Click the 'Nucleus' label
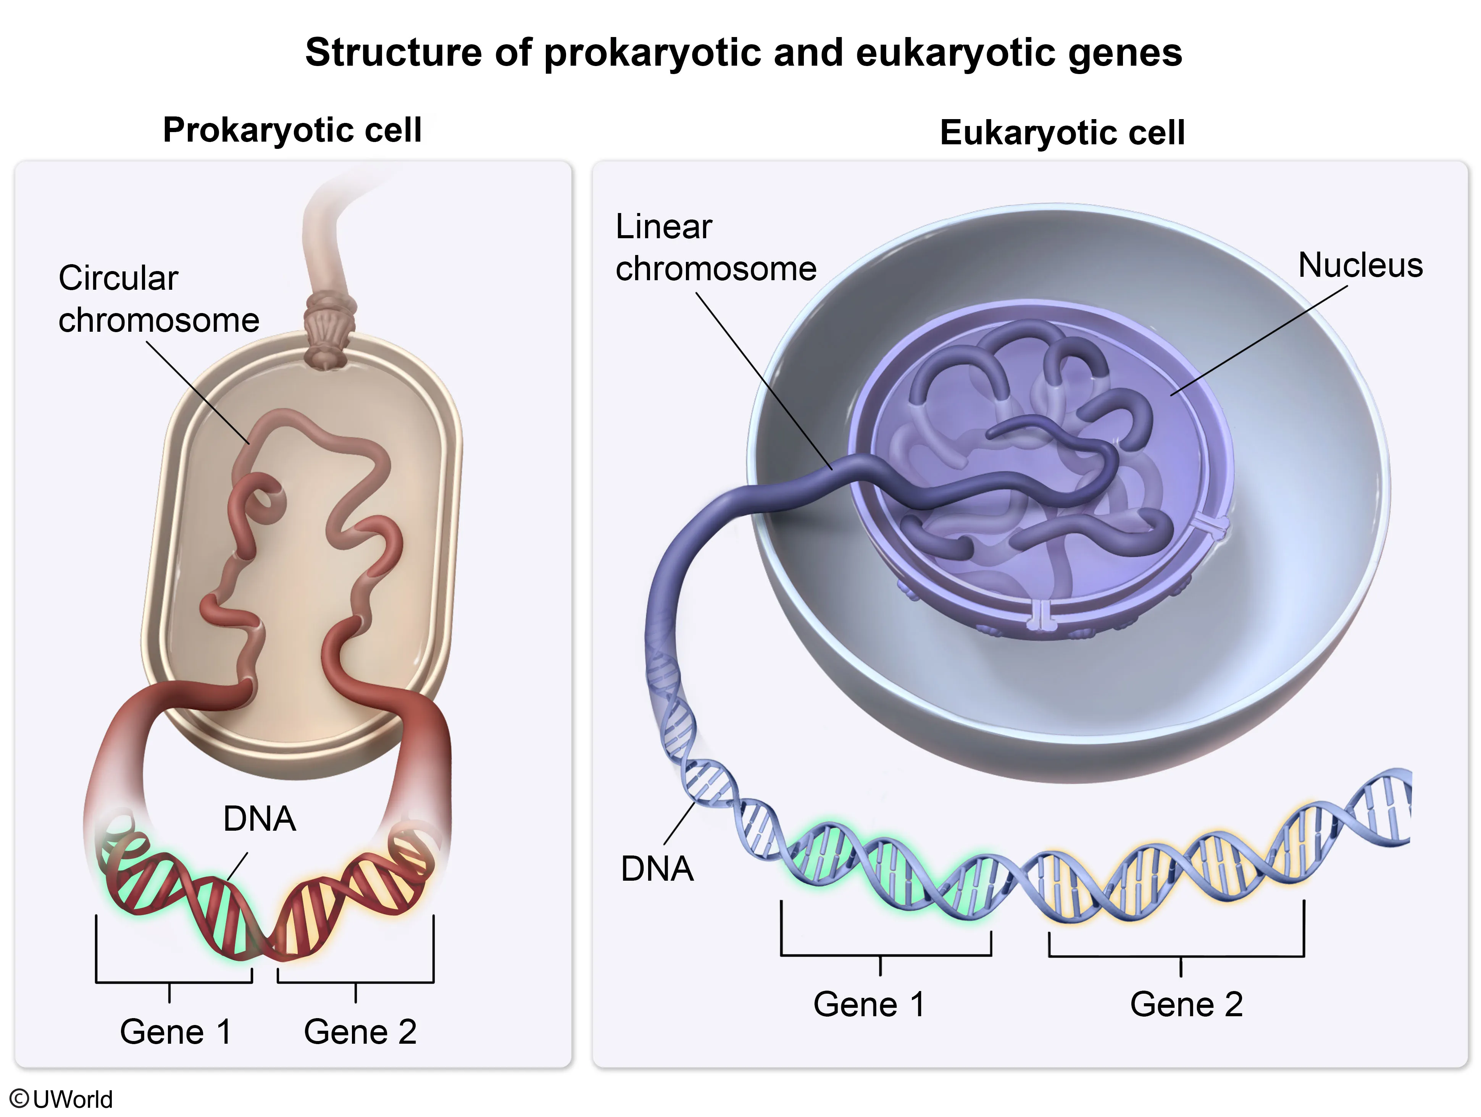coord(1360,265)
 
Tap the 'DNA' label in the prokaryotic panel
coord(259,819)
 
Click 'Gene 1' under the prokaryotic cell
coord(176,1031)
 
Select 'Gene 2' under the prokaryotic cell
coord(360,1031)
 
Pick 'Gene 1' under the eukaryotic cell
coord(869,1004)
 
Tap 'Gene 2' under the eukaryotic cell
coord(1186,1004)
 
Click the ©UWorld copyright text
coord(61,1099)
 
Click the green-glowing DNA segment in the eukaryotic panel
coord(891,870)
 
